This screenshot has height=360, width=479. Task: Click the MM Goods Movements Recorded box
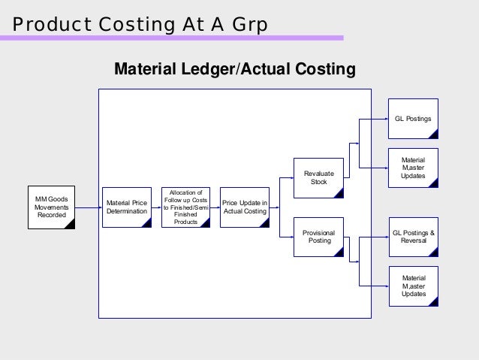click(x=51, y=207)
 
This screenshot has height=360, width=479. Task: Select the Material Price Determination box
click(x=127, y=207)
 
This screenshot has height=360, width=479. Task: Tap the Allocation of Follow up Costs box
click(x=185, y=207)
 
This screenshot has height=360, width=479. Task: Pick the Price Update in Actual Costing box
click(x=244, y=207)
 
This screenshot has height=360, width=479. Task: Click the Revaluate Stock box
click(x=318, y=177)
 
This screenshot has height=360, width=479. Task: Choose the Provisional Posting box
click(x=318, y=237)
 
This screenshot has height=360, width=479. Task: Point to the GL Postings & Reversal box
click(x=413, y=237)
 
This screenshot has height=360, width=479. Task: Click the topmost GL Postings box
click(x=413, y=119)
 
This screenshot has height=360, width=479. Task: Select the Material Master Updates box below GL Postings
click(x=413, y=168)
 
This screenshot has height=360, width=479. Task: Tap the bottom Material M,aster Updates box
click(x=413, y=286)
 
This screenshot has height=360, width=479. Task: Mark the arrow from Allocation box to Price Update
click(x=215, y=207)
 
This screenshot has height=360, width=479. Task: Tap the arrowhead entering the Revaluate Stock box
click(x=291, y=177)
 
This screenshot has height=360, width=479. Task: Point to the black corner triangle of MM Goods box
click(x=70, y=223)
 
